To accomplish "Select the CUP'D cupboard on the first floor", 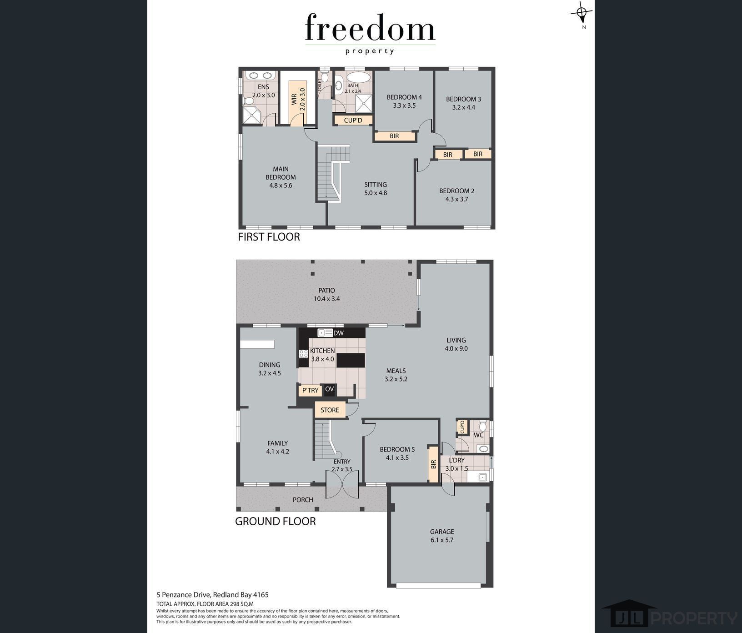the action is point(353,120).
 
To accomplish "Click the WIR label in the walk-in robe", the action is point(294,99).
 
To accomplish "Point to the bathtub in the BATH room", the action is point(359,77).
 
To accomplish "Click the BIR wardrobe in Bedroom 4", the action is point(395,136).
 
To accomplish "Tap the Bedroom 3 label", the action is point(463,99).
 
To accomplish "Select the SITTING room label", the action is point(376,185).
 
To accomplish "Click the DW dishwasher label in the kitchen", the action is point(338,333).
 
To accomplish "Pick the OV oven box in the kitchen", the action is point(329,389).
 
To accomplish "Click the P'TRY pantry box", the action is point(311,390).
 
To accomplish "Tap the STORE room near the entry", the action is point(330,410).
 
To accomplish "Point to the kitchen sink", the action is point(325,333).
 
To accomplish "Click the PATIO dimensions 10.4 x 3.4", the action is point(326,299).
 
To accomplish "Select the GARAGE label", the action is point(442,532).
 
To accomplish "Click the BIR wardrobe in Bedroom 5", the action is point(433,464).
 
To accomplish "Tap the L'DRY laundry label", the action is point(456,460).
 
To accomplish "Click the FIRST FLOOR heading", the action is point(269,237).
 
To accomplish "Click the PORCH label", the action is point(303,500).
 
